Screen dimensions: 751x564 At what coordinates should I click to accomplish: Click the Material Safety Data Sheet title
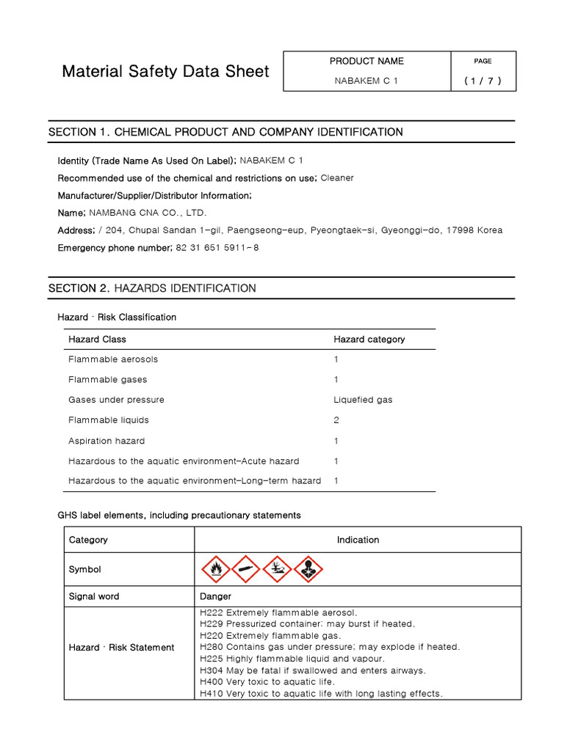click(165, 72)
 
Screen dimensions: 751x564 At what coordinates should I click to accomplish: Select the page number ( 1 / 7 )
click(482, 81)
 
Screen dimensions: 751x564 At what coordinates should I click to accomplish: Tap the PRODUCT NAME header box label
click(366, 61)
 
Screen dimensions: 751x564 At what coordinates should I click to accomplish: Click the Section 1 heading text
click(225, 132)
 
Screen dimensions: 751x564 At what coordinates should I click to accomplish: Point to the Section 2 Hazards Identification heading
click(152, 288)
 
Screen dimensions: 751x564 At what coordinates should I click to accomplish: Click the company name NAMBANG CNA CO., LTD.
click(148, 213)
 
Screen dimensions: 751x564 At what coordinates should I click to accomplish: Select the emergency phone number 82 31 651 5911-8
click(217, 248)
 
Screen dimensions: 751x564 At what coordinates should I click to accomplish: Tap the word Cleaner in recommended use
click(337, 177)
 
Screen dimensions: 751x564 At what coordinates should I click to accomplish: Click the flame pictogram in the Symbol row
click(215, 569)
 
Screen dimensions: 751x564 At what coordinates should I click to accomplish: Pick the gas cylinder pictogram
click(246, 569)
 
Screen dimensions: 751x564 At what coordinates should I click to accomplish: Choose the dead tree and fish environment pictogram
click(277, 569)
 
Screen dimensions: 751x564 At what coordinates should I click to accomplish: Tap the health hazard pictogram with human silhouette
click(308, 569)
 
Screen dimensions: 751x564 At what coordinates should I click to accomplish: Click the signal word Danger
click(215, 596)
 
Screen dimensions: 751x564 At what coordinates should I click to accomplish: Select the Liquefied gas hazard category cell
click(363, 400)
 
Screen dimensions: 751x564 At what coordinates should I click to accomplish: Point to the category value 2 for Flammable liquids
click(336, 420)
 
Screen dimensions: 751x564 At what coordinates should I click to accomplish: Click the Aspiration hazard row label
click(106, 441)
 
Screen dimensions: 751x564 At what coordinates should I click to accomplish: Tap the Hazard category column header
click(369, 339)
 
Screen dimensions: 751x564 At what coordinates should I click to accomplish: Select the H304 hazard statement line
click(312, 670)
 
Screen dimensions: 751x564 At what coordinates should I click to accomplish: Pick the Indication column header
click(358, 540)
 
